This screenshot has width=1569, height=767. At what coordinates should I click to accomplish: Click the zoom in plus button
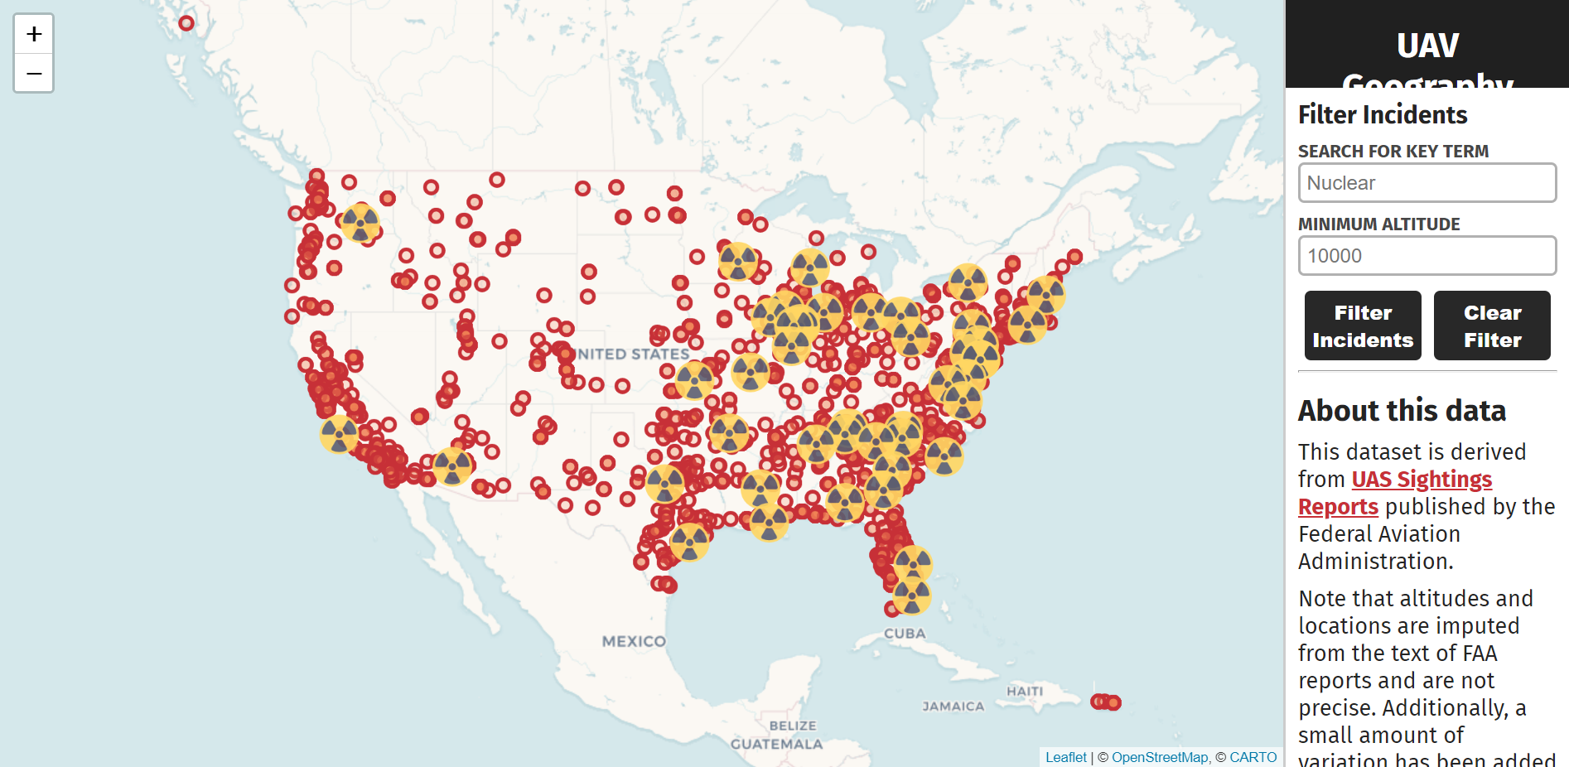34,34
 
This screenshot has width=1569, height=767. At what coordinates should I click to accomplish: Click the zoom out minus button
34,74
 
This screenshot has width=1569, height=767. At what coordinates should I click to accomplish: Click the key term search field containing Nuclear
1427,183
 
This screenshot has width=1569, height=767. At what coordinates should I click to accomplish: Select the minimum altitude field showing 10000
1427,256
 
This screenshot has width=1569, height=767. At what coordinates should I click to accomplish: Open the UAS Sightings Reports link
1421,480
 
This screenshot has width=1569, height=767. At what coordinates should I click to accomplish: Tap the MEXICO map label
634,641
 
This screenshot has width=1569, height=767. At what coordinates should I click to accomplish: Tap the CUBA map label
905,634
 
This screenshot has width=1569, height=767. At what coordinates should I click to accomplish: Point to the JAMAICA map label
953,707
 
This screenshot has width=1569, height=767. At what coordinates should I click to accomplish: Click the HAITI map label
1025,691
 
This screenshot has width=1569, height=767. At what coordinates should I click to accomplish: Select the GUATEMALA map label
776,744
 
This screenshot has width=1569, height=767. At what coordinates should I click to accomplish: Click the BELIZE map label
793,726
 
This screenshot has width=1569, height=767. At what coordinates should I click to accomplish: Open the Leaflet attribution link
1065,757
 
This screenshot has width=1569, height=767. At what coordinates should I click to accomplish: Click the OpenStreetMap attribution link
1159,757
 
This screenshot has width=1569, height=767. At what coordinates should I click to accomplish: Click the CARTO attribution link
1253,757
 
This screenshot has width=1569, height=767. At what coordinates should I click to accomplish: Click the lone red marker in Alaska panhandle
186,23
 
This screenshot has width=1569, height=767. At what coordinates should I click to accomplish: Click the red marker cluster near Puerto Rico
1106,702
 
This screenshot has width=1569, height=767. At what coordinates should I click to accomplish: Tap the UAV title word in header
1427,46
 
